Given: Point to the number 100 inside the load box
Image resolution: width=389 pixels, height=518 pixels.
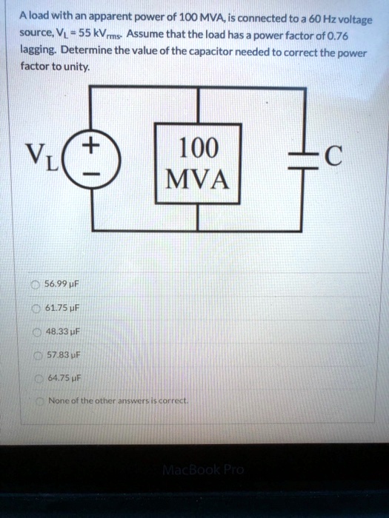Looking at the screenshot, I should pyautogui.click(x=198, y=148).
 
